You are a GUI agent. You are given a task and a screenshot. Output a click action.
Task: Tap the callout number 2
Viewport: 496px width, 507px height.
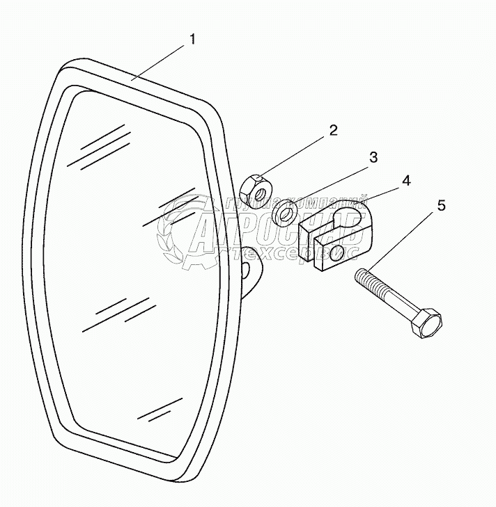(333, 130)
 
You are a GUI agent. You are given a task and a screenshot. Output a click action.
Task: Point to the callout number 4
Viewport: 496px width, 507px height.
(405, 180)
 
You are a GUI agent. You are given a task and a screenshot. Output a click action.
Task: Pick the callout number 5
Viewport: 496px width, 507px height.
(440, 206)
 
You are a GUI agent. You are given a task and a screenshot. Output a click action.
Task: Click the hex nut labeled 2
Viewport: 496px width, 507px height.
(256, 188)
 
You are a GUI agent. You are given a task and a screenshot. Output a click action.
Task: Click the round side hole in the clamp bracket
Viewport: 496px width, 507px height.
(339, 252)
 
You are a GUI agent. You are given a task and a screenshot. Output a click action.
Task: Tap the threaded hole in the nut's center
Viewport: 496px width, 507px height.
(258, 190)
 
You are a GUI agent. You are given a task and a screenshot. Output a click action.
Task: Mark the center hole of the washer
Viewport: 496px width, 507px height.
(284, 214)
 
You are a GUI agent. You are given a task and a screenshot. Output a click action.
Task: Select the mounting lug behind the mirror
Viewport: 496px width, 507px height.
(250, 268)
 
